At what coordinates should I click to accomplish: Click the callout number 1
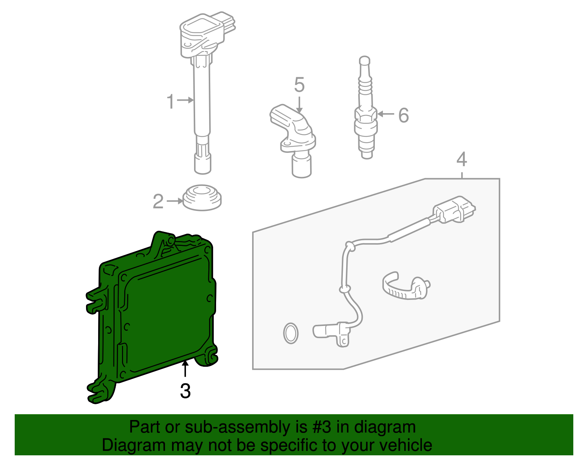pyautogui.click(x=170, y=101)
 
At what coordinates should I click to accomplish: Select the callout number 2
pyautogui.click(x=158, y=201)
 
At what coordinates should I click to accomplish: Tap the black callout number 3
pyautogui.click(x=185, y=391)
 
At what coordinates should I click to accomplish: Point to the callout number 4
pyautogui.click(x=462, y=159)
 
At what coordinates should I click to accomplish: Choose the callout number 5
pyautogui.click(x=299, y=85)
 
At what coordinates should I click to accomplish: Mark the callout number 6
pyautogui.click(x=404, y=115)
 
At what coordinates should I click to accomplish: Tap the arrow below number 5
pyautogui.click(x=299, y=105)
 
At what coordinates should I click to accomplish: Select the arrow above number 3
pyautogui.click(x=185, y=368)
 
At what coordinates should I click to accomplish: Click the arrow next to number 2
pyautogui.click(x=175, y=201)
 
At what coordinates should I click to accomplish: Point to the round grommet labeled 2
pyautogui.click(x=202, y=198)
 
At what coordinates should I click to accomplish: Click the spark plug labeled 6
pyautogui.click(x=366, y=107)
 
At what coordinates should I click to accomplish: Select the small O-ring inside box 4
pyautogui.click(x=291, y=333)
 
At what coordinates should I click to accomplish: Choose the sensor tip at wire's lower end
pyautogui.click(x=331, y=334)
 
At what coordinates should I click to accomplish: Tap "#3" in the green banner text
pyautogui.click(x=322, y=427)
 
